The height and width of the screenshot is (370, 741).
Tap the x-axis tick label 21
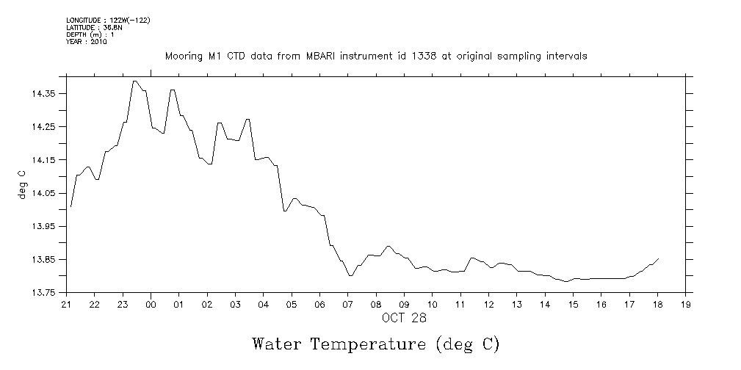coord(66,304)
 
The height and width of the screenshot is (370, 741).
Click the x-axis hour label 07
coord(347,304)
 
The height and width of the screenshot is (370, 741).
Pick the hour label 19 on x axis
coord(685,304)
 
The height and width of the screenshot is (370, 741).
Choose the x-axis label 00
coord(151,304)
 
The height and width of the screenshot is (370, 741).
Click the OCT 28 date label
coord(403,318)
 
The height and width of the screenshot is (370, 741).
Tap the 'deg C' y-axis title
coord(23,185)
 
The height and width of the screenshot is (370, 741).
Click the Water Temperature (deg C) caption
coord(376,344)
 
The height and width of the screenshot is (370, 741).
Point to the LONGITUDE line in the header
coord(108,20)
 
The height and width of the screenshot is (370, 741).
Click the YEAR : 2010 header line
coord(87,42)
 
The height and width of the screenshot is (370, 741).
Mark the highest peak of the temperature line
coord(135,81)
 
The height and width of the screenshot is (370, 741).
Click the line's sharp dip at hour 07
coord(350,275)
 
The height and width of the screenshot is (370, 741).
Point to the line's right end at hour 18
coord(658,258)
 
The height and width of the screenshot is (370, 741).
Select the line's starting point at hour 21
coord(71,207)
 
